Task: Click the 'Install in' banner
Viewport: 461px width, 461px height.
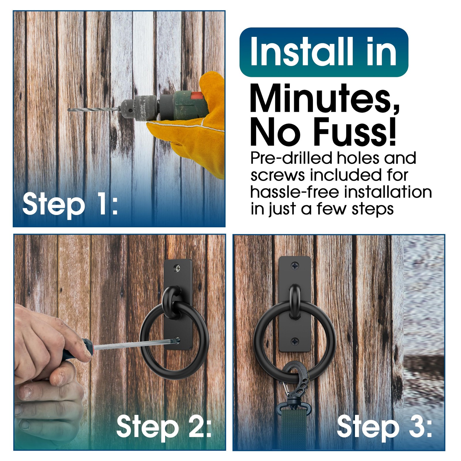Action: click(x=324, y=52)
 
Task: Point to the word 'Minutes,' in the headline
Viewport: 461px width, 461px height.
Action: click(x=324, y=99)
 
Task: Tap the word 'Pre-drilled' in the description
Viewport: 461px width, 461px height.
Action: click(x=291, y=158)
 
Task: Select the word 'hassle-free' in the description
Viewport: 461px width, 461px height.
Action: click(x=294, y=192)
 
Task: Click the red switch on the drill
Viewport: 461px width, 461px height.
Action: click(x=197, y=96)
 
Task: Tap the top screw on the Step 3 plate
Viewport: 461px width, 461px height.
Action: click(x=295, y=265)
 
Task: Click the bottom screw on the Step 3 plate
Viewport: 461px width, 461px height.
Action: click(x=295, y=342)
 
